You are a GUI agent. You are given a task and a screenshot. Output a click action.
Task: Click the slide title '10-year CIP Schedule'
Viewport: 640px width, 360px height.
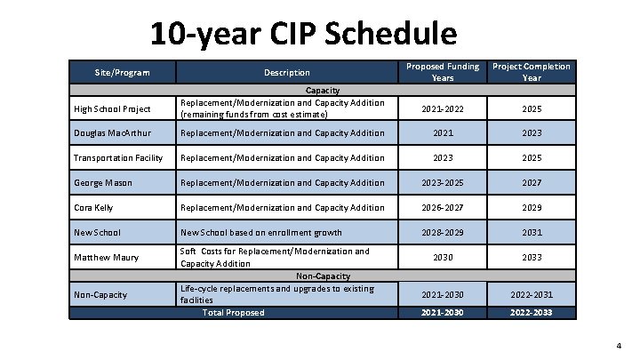click(x=303, y=34)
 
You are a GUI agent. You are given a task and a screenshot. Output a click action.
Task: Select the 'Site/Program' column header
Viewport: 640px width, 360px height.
click(x=123, y=72)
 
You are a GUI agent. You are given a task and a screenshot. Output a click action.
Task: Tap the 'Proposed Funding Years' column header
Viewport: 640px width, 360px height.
click(x=443, y=72)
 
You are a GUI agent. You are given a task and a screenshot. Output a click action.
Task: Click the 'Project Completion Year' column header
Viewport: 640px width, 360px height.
click(x=532, y=72)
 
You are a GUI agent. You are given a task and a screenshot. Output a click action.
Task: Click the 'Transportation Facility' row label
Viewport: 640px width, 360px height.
click(x=118, y=158)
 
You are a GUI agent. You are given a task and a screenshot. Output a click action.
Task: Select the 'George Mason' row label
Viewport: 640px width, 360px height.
click(x=105, y=183)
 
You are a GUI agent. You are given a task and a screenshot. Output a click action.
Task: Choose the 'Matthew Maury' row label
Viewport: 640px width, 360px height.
click(x=108, y=258)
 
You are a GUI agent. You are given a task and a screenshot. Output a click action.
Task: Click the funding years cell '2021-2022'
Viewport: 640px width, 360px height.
click(x=443, y=108)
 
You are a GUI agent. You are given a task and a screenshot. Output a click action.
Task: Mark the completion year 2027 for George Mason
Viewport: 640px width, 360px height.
click(x=532, y=183)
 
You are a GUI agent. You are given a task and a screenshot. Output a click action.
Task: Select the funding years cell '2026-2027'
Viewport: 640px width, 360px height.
click(x=443, y=208)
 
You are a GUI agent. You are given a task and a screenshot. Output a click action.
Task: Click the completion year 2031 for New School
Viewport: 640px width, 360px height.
click(x=532, y=233)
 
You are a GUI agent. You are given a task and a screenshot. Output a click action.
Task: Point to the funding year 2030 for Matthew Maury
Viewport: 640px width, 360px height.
click(x=443, y=258)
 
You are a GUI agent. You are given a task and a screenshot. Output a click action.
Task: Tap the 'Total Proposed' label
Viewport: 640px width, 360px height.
click(x=233, y=312)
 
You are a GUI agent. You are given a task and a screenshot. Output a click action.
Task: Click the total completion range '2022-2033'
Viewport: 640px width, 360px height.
click(x=532, y=312)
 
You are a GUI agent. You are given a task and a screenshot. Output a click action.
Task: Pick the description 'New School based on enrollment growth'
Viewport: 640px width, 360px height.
click(x=260, y=233)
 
